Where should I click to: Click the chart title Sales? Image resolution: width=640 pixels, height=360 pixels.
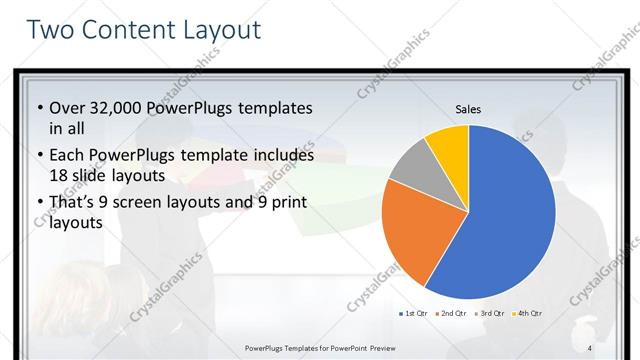click(x=468, y=108)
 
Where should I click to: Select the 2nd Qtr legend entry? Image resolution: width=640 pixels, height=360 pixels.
click(x=451, y=313)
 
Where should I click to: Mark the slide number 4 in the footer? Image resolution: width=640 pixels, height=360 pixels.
click(x=590, y=348)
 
